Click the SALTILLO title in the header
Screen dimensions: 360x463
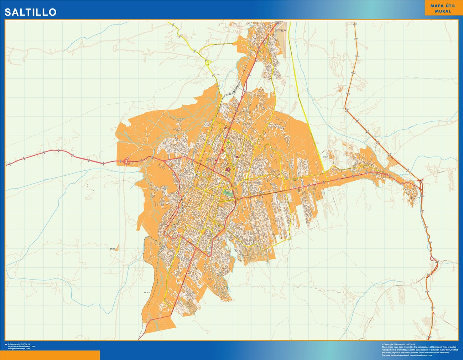click(30, 12)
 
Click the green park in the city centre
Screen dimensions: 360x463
click(228, 192)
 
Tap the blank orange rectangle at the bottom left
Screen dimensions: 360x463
click(50, 355)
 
